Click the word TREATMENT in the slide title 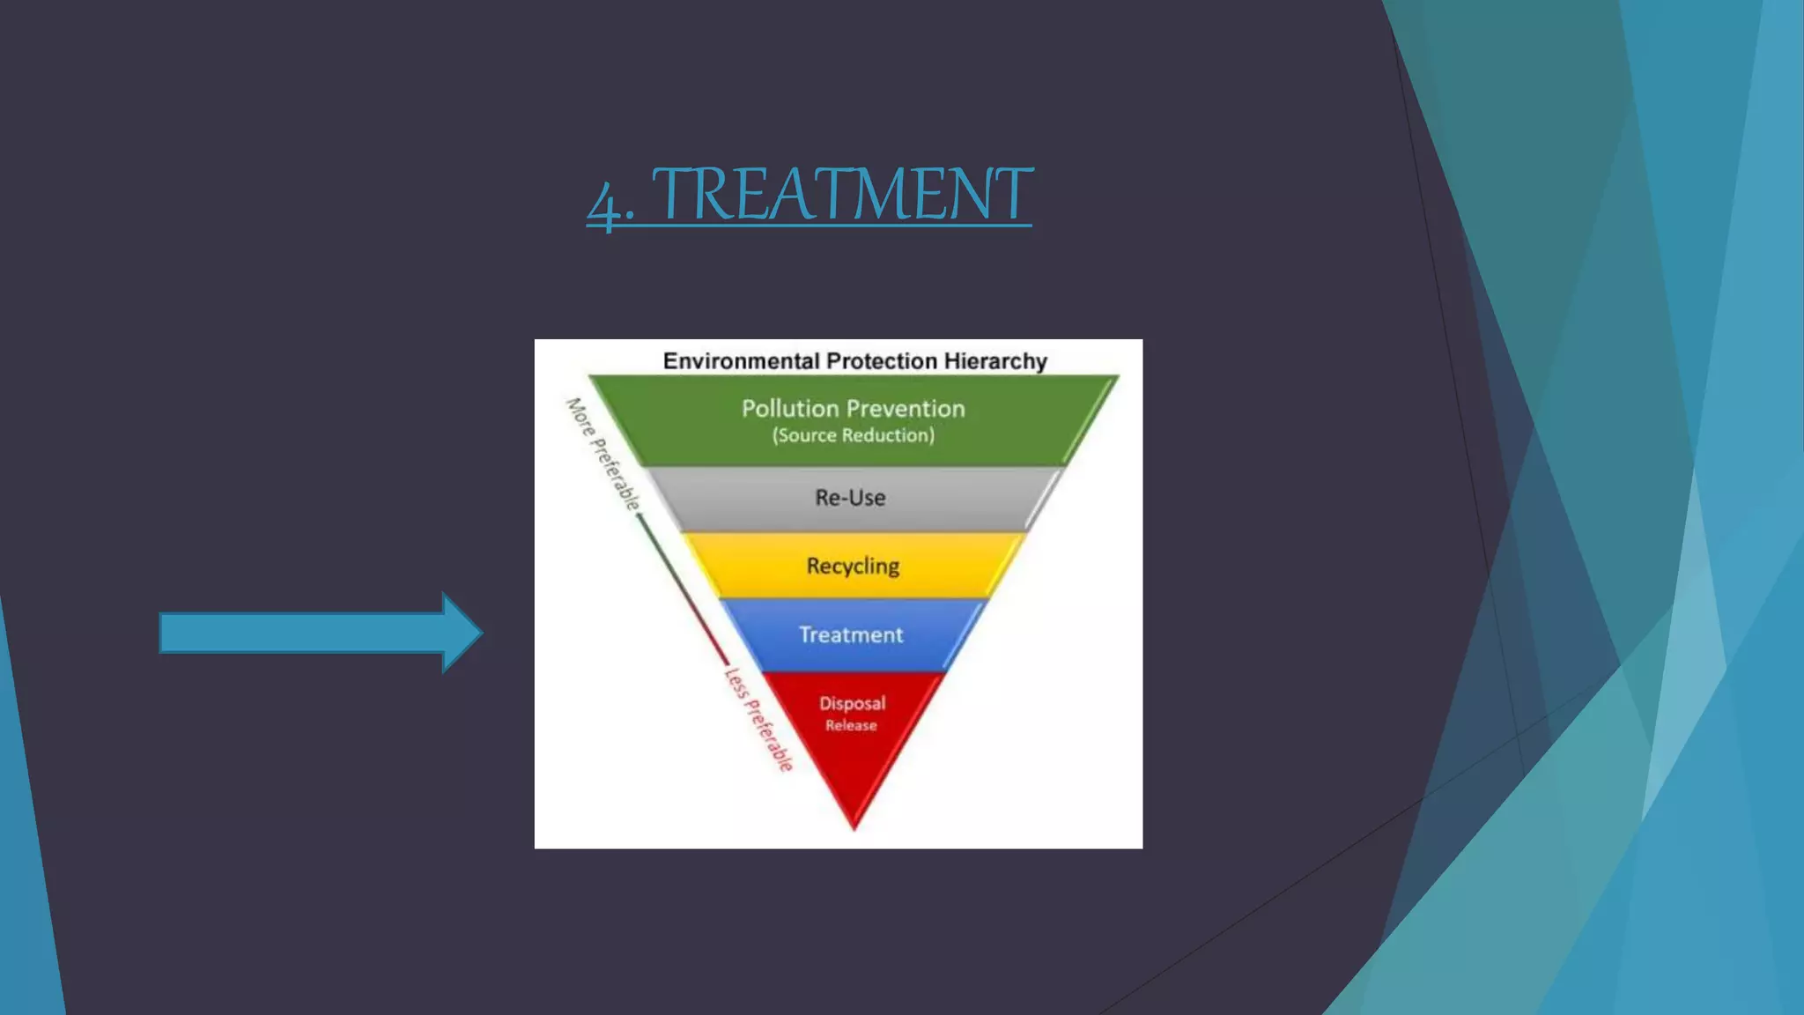841,195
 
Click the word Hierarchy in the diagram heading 995,361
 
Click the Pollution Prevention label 853,409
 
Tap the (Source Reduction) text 853,435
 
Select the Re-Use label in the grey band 850,498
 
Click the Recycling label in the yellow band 853,566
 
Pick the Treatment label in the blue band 851,635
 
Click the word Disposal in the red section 852,703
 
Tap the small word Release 851,726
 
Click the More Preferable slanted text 603,454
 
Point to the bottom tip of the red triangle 854,826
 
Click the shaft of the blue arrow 299,633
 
